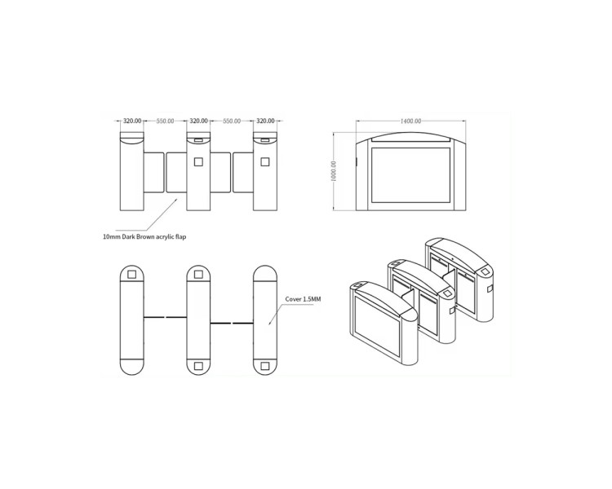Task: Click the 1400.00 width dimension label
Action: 410,121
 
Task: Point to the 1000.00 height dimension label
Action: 333,171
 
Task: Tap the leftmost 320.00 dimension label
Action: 132,121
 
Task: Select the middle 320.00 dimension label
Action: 198,121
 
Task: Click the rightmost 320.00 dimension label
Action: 265,121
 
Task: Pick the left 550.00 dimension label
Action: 165,121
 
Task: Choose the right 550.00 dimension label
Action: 232,121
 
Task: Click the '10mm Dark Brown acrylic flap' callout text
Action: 144,236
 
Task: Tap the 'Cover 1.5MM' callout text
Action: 303,299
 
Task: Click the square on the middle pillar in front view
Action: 198,161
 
